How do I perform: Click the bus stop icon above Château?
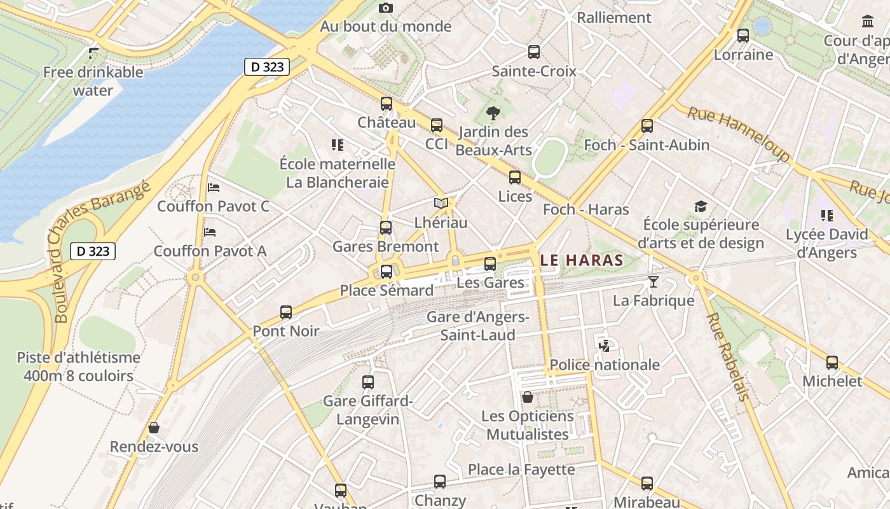point(387,104)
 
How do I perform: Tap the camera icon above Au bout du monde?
point(386,8)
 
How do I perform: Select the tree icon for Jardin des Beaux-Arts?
point(493,114)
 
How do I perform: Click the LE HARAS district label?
point(582,260)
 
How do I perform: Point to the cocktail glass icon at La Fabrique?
point(653,281)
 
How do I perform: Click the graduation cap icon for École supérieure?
point(701,207)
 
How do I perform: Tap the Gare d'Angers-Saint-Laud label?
point(478,325)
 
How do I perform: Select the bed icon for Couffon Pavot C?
point(214,188)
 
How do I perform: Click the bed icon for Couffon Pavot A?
point(210,232)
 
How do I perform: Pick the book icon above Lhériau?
point(441,204)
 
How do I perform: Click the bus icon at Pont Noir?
point(286,312)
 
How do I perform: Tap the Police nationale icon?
point(605,346)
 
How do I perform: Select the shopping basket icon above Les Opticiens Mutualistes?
point(528,398)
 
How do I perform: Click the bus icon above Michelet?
point(832,363)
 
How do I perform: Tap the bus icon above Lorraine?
point(743,36)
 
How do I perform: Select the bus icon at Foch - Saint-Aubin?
point(647,126)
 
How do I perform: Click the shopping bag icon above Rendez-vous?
point(154,428)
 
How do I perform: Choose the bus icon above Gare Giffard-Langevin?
point(368,382)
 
